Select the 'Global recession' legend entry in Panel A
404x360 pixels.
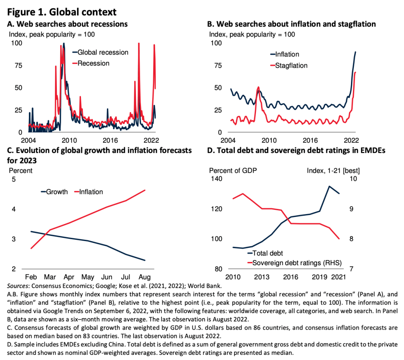(x=103, y=52)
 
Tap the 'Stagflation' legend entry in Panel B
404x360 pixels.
(x=291, y=66)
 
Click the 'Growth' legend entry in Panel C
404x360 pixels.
(x=57, y=192)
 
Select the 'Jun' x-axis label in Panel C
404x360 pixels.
(x=107, y=276)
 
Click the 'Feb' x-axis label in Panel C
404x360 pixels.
(x=31, y=276)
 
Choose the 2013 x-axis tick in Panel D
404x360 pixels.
(x=262, y=276)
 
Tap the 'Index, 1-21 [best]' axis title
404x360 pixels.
(x=333, y=171)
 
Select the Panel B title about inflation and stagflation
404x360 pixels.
(x=291, y=25)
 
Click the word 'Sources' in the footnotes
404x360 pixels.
(x=18, y=285)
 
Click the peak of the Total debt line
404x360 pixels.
(x=329, y=186)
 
